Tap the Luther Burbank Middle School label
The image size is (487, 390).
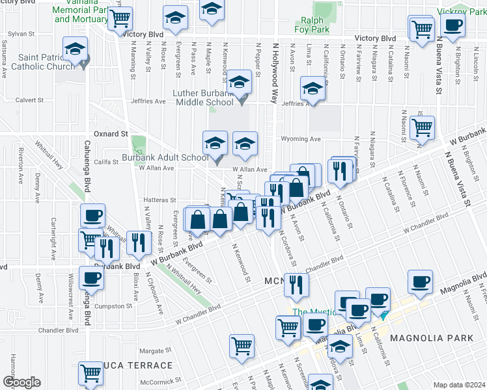click(202, 97)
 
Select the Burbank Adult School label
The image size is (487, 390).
click(165, 157)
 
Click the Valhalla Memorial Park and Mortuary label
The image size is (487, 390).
click(80, 14)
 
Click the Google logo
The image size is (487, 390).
click(21, 382)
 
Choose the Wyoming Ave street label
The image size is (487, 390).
click(301, 139)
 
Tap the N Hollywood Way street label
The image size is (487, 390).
click(275, 71)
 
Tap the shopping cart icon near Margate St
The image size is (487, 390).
click(242, 345)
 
